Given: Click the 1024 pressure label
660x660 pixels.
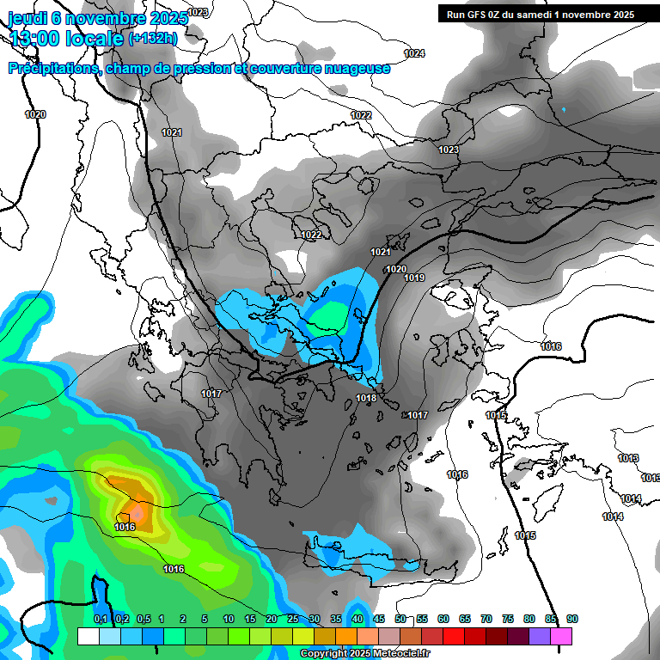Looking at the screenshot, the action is (414, 53).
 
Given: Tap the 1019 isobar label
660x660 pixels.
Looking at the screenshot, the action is (414, 278).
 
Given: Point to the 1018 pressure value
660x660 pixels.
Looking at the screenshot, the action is (366, 398).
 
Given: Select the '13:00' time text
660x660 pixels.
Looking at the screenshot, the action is (35, 38).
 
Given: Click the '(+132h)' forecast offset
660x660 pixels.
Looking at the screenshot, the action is (153, 38).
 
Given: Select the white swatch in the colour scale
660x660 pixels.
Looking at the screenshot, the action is (88, 636).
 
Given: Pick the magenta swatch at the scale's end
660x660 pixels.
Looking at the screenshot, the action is (561, 636).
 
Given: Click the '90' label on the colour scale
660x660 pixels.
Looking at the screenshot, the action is (572, 619).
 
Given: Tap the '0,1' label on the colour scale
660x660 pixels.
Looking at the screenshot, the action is (101, 619).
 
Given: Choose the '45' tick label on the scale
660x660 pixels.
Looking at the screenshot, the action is (379, 619).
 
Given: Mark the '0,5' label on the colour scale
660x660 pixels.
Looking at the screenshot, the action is (144, 619).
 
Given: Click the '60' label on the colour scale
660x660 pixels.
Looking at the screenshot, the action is (443, 619).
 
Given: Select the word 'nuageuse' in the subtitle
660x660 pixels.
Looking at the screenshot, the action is (357, 69).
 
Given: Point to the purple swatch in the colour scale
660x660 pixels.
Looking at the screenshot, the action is (540, 636).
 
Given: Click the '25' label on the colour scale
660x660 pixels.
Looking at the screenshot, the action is (293, 619).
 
